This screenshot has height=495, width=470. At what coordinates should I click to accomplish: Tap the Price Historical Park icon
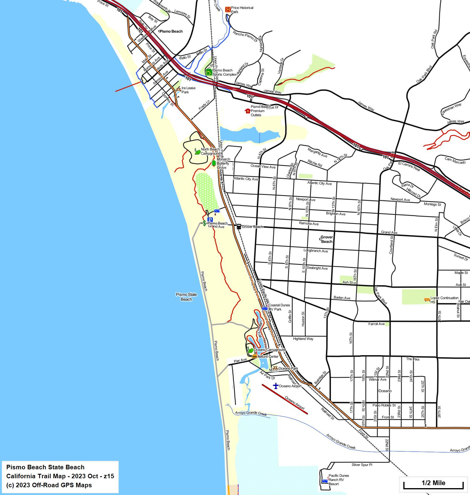(x=228, y=10)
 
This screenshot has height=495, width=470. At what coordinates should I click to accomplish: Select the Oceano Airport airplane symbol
(x=276, y=386)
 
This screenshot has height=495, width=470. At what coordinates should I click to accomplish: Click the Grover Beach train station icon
(x=239, y=227)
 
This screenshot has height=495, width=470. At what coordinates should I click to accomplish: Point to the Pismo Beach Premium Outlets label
(x=258, y=111)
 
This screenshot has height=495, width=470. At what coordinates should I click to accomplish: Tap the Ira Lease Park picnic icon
(x=178, y=89)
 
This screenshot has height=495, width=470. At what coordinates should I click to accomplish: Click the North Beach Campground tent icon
(x=197, y=152)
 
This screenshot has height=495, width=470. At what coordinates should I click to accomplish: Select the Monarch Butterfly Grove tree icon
(x=214, y=163)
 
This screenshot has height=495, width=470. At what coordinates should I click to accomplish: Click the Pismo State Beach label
(x=186, y=297)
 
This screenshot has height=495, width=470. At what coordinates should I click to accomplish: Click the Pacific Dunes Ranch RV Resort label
(x=338, y=480)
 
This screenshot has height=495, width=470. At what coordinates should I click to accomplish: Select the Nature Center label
(x=268, y=356)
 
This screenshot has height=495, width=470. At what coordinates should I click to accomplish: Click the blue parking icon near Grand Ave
(x=210, y=220)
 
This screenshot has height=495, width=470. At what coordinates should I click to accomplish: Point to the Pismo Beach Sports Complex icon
(x=209, y=72)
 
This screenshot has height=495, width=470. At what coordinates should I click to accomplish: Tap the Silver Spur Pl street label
(x=362, y=465)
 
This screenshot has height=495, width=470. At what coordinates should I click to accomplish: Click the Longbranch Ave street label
(x=315, y=251)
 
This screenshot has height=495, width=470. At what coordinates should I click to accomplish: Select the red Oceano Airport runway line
(x=285, y=399)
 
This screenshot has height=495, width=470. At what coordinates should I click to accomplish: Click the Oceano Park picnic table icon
(x=275, y=369)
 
